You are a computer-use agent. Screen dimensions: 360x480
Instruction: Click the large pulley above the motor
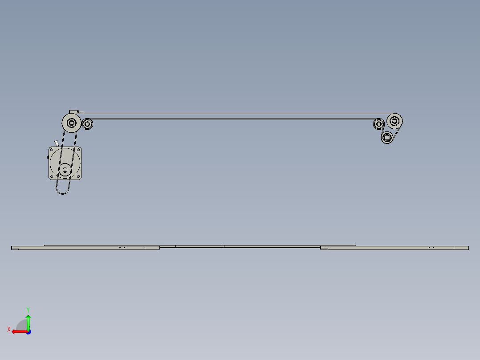[x=71, y=123]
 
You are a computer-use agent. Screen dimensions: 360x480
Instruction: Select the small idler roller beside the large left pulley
[x=87, y=124]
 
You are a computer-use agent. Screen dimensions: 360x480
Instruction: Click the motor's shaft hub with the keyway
[x=65, y=169]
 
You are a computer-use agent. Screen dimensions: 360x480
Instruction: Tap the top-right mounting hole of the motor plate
[x=78, y=150]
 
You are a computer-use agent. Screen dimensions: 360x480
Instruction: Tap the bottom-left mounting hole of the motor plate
[x=52, y=177]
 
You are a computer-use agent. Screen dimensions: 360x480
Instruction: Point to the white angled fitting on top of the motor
[x=57, y=143]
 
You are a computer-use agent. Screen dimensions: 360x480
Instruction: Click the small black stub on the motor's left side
[x=47, y=158]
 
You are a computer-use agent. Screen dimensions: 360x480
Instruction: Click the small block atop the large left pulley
[x=73, y=111]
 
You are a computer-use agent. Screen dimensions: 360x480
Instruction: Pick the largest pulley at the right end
[x=395, y=120]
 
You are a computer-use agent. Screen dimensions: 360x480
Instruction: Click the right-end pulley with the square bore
[x=387, y=137]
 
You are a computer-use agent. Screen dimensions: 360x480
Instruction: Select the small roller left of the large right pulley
[x=379, y=124]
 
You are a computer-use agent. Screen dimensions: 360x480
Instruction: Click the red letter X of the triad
[x=9, y=329]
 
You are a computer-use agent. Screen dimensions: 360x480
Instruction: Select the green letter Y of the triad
[x=28, y=309]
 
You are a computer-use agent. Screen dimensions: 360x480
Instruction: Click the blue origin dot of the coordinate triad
[x=28, y=331]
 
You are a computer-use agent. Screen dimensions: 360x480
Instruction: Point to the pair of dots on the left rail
[x=122, y=247]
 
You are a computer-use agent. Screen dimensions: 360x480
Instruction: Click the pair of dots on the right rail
[x=431, y=247]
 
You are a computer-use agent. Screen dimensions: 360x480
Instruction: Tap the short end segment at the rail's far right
[x=461, y=248]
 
